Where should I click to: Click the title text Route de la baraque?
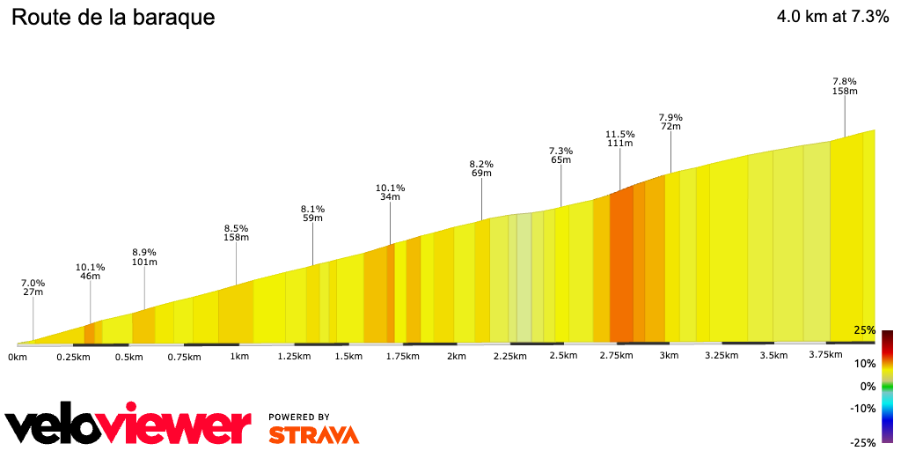[x=114, y=18]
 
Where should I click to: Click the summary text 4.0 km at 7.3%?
[x=832, y=17]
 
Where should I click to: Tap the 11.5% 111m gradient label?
[x=619, y=139]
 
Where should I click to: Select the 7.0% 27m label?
[x=33, y=288]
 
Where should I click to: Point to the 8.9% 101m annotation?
[x=144, y=256]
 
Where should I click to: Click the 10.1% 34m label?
[x=390, y=192]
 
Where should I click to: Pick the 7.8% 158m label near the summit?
[x=845, y=85]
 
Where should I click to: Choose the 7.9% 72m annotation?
[x=670, y=122]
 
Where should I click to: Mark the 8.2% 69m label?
[x=481, y=168]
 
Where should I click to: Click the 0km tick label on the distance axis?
[x=18, y=357]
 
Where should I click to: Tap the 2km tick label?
[x=456, y=357]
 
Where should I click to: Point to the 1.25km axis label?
[x=294, y=357]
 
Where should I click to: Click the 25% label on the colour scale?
[x=864, y=330]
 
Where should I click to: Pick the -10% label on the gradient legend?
[x=863, y=408]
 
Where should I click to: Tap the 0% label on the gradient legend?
[x=867, y=386]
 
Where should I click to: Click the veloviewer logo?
[x=128, y=425]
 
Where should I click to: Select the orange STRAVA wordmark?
[x=313, y=435]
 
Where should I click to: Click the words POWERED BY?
[x=299, y=418]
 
